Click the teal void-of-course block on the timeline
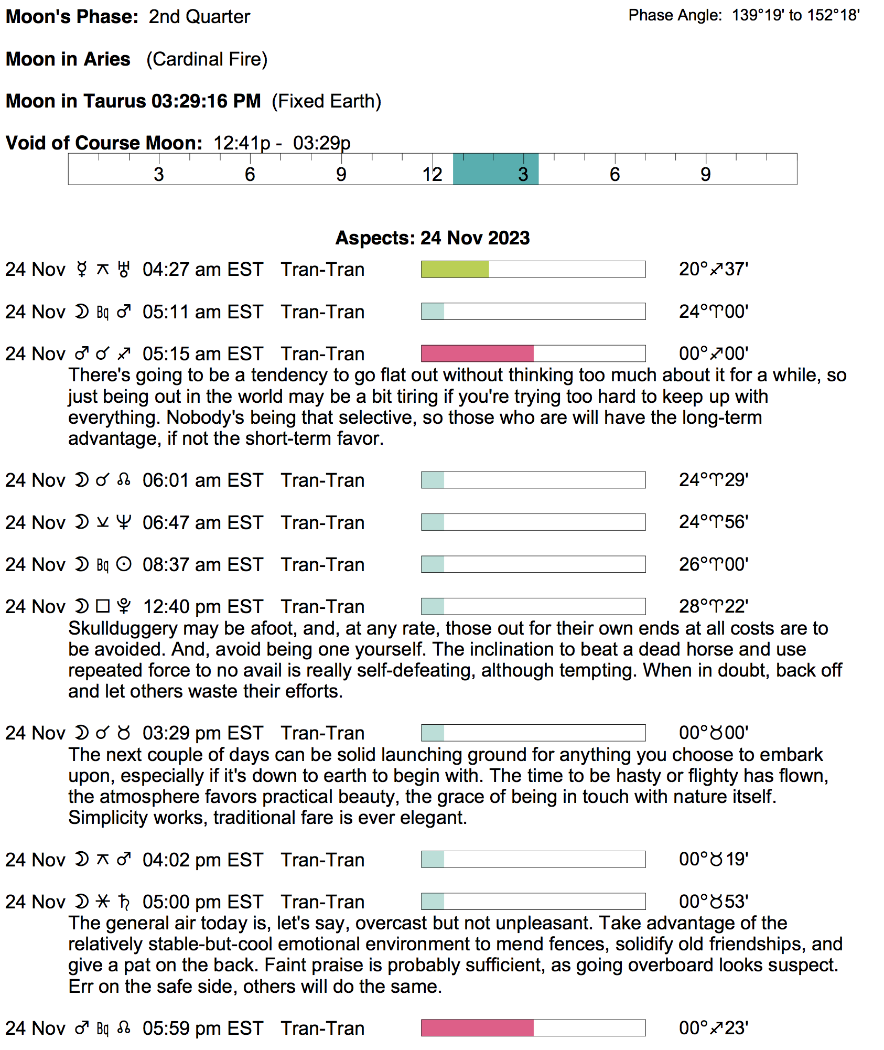(495, 169)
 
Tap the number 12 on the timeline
(433, 175)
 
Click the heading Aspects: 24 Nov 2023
(433, 238)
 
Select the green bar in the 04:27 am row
(455, 270)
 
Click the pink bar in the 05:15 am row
(477, 353)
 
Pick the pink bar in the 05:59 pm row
(477, 1028)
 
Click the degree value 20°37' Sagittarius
(714, 270)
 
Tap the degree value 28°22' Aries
(714, 607)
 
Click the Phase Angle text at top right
(743, 15)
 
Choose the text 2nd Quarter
(199, 17)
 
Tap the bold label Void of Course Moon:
(104, 143)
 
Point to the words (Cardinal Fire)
(207, 59)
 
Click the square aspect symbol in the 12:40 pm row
(103, 607)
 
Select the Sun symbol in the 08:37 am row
(124, 565)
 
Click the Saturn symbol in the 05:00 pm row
(124, 902)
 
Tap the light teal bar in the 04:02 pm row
(433, 860)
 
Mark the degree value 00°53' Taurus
(714, 902)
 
